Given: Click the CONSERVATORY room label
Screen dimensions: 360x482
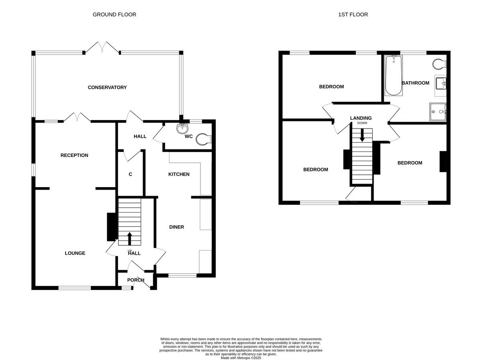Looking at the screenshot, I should [107, 87].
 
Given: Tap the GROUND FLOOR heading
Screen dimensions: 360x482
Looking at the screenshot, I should [114, 14].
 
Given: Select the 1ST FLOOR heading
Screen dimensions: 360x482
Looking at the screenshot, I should [353, 14].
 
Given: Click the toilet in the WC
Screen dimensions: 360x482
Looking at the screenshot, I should [204, 139].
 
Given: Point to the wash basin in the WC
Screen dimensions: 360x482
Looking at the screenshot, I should [183, 128].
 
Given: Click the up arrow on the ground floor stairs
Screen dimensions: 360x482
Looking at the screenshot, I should [129, 238].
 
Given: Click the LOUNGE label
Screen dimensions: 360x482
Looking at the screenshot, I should [75, 253].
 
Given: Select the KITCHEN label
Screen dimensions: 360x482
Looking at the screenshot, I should [179, 174].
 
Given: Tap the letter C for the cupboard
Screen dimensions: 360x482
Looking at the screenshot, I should [130, 174].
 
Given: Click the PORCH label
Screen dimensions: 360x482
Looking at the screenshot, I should [136, 280].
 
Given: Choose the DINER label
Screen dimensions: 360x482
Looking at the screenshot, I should [176, 227].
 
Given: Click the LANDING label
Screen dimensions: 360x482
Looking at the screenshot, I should [361, 118].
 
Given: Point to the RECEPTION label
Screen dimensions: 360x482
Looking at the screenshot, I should [74, 155].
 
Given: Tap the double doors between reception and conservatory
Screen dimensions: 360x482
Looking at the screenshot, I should [76, 117].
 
